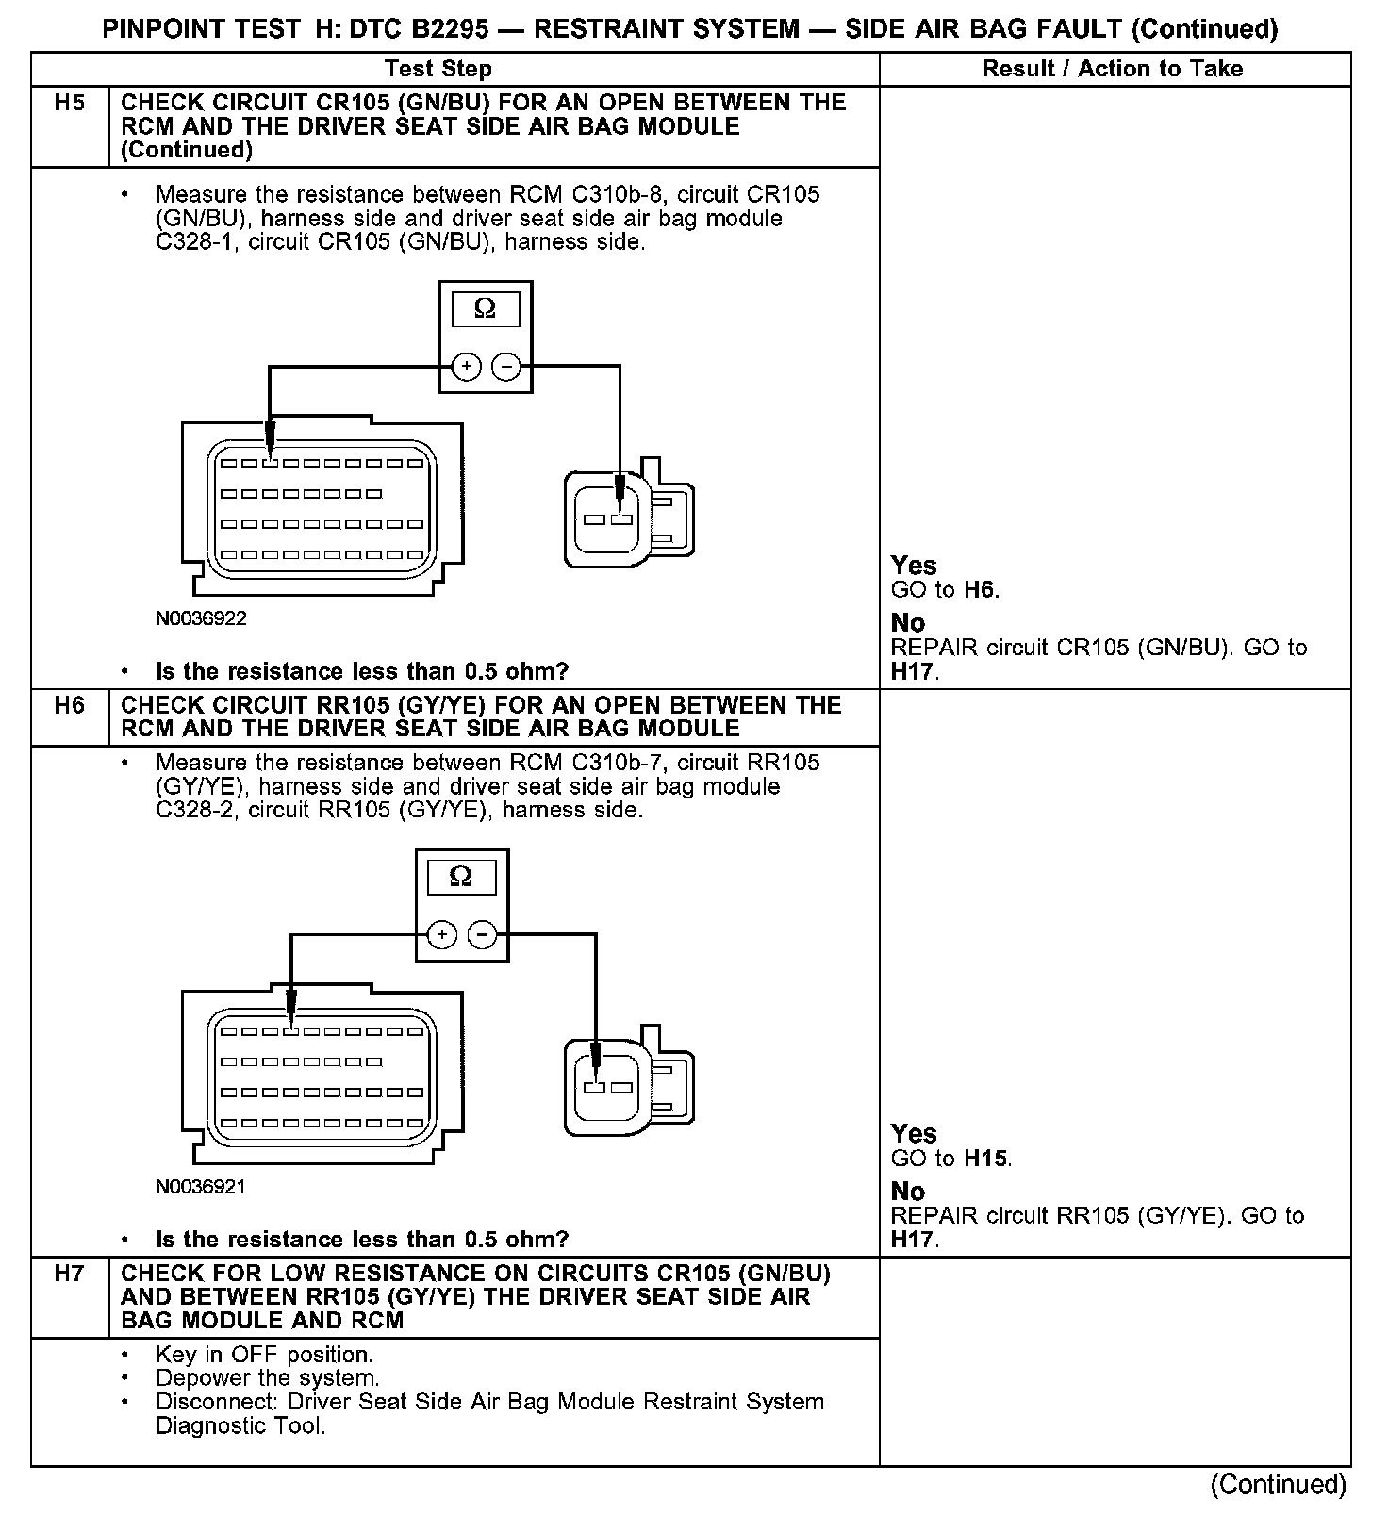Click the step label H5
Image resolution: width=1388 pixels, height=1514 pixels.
click(69, 103)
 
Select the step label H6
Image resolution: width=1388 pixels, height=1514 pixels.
click(69, 705)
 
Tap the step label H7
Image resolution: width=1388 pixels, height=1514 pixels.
click(69, 1274)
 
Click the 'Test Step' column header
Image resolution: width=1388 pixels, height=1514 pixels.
click(438, 69)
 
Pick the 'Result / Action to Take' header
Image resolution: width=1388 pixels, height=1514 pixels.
click(1113, 69)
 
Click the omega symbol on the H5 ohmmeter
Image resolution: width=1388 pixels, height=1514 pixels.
click(485, 308)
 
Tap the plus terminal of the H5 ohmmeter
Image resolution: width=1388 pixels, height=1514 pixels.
click(466, 367)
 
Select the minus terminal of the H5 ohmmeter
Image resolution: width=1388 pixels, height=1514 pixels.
click(507, 367)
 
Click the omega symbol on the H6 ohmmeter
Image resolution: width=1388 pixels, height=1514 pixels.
click(461, 877)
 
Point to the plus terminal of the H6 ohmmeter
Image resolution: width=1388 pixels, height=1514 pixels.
click(442, 935)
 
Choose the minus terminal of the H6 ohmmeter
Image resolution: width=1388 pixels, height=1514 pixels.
click(483, 935)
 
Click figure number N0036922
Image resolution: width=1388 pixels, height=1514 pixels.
click(201, 618)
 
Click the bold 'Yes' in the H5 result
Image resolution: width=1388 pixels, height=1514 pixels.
click(914, 566)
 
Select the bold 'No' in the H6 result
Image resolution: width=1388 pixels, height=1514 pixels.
click(908, 1192)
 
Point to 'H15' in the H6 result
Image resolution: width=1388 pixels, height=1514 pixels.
click(986, 1159)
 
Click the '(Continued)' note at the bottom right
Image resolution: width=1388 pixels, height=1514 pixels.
click(1278, 1485)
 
